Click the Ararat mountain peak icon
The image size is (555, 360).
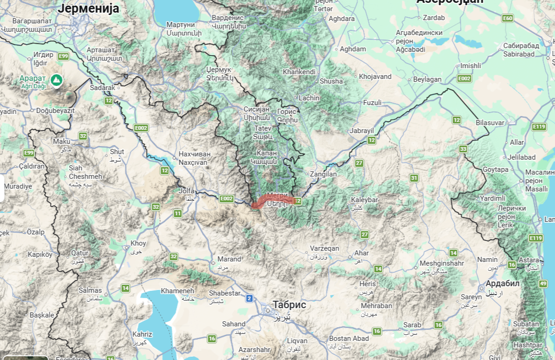(x=56, y=80)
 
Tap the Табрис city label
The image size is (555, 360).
(x=289, y=305)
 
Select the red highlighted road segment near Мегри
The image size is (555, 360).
(x=273, y=201)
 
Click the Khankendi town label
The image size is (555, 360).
(x=299, y=72)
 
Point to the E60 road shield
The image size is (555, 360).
(x=507, y=18)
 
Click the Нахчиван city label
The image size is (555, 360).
(x=195, y=154)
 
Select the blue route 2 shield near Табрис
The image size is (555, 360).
(x=249, y=298)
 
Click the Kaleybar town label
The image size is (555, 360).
(x=364, y=200)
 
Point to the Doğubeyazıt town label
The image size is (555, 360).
(x=55, y=111)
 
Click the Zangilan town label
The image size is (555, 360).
(x=323, y=174)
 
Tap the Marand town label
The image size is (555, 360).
(x=229, y=259)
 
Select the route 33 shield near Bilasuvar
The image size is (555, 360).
(x=463, y=149)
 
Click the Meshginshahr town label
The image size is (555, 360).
(x=441, y=263)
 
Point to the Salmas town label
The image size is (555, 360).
(x=90, y=290)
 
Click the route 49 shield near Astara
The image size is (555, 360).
(x=543, y=283)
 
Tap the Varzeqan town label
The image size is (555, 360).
(x=326, y=248)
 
